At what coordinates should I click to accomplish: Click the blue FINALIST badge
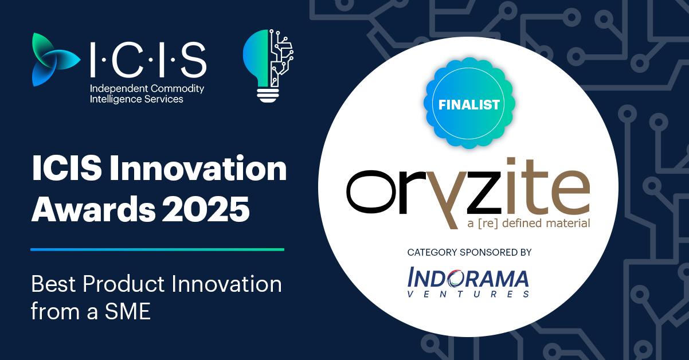[469, 105]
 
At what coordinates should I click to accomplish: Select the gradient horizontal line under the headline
[157, 249]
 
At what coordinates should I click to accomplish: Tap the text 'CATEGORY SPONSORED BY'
[469, 252]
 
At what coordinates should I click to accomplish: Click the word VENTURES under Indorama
[468, 294]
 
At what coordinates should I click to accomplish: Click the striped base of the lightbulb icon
[267, 94]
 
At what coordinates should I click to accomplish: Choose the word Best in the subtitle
[52, 285]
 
